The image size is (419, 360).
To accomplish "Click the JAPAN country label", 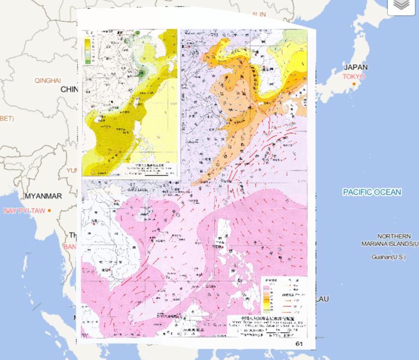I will click(355, 67).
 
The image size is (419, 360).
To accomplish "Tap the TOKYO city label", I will click(354, 76).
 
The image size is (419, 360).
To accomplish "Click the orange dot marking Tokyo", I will click(354, 84).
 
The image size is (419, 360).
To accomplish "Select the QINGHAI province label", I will click(47, 80).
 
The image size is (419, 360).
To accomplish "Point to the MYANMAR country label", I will click(43, 196).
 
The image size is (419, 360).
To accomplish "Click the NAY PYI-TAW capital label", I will click(25, 211).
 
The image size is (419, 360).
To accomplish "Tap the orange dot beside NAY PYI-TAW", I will click(49, 211).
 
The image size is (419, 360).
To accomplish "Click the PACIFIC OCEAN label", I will click(372, 192).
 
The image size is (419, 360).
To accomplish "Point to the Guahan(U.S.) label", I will click(388, 257).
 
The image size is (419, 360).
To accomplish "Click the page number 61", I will click(298, 344).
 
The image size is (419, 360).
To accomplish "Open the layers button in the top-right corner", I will click(402, 5).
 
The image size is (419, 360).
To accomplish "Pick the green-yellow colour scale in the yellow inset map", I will click(87, 49).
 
